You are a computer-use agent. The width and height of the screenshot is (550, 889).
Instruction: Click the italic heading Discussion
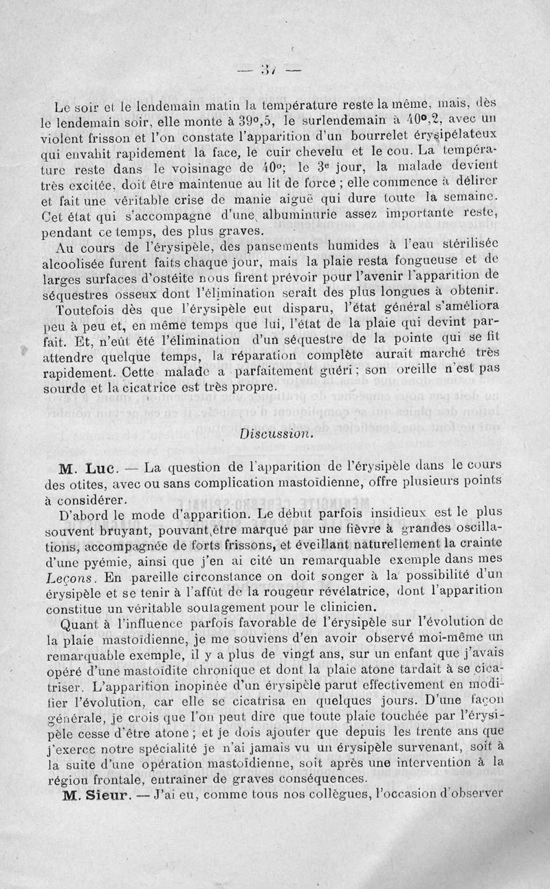pos(276,434)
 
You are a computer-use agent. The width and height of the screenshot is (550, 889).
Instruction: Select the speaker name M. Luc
pos(91,470)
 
